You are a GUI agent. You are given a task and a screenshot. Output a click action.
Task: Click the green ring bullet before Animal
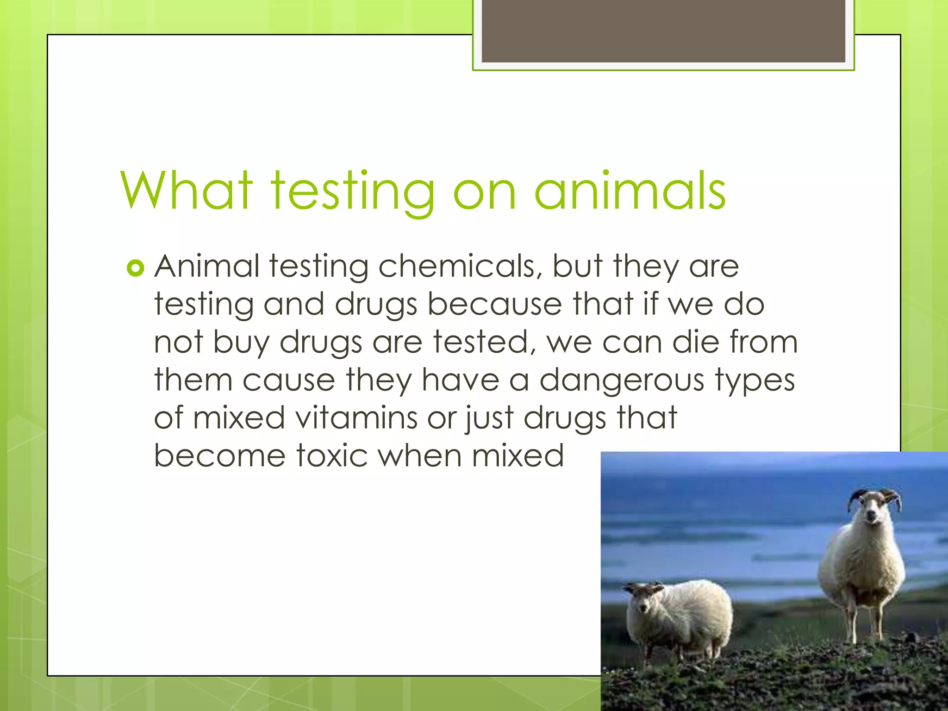point(135,268)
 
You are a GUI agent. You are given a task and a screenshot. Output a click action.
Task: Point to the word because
point(494,305)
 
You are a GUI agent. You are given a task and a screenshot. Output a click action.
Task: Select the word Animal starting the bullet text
point(206,267)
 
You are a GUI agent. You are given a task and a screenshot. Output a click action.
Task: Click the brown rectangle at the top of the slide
point(663,31)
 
